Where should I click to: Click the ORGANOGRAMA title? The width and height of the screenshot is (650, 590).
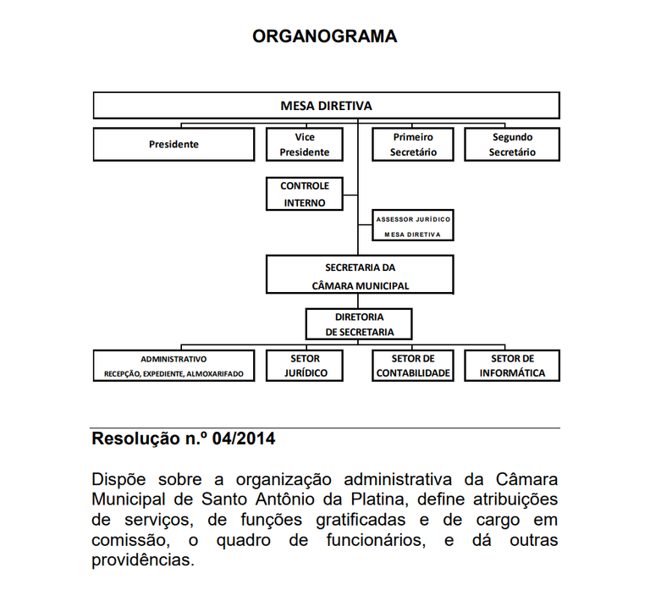point(325,36)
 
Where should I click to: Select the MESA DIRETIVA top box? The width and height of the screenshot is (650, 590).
point(326,106)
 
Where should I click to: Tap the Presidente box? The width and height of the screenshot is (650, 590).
point(174,144)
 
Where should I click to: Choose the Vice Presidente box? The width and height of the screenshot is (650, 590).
point(305,144)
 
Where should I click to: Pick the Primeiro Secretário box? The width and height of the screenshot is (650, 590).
point(413,144)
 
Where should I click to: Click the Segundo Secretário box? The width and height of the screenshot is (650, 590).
point(512,144)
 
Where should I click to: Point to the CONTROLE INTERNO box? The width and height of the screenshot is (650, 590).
point(305,194)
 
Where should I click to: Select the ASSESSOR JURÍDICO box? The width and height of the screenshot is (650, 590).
point(413,226)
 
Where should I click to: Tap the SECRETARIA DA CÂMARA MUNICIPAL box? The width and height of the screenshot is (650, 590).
point(360,276)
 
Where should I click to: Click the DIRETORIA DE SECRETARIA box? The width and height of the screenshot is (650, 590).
point(360,324)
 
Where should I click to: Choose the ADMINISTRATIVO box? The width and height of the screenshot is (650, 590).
point(174,366)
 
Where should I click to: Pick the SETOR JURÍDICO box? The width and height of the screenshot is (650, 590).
point(305,366)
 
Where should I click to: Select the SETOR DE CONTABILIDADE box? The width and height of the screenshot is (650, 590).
point(413,366)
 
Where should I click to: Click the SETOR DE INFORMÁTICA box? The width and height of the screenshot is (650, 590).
point(512,366)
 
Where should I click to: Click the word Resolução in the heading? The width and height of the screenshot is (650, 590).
point(132,440)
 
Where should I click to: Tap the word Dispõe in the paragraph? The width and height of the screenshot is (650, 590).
point(119,479)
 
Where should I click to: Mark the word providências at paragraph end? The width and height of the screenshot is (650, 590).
point(142,560)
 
